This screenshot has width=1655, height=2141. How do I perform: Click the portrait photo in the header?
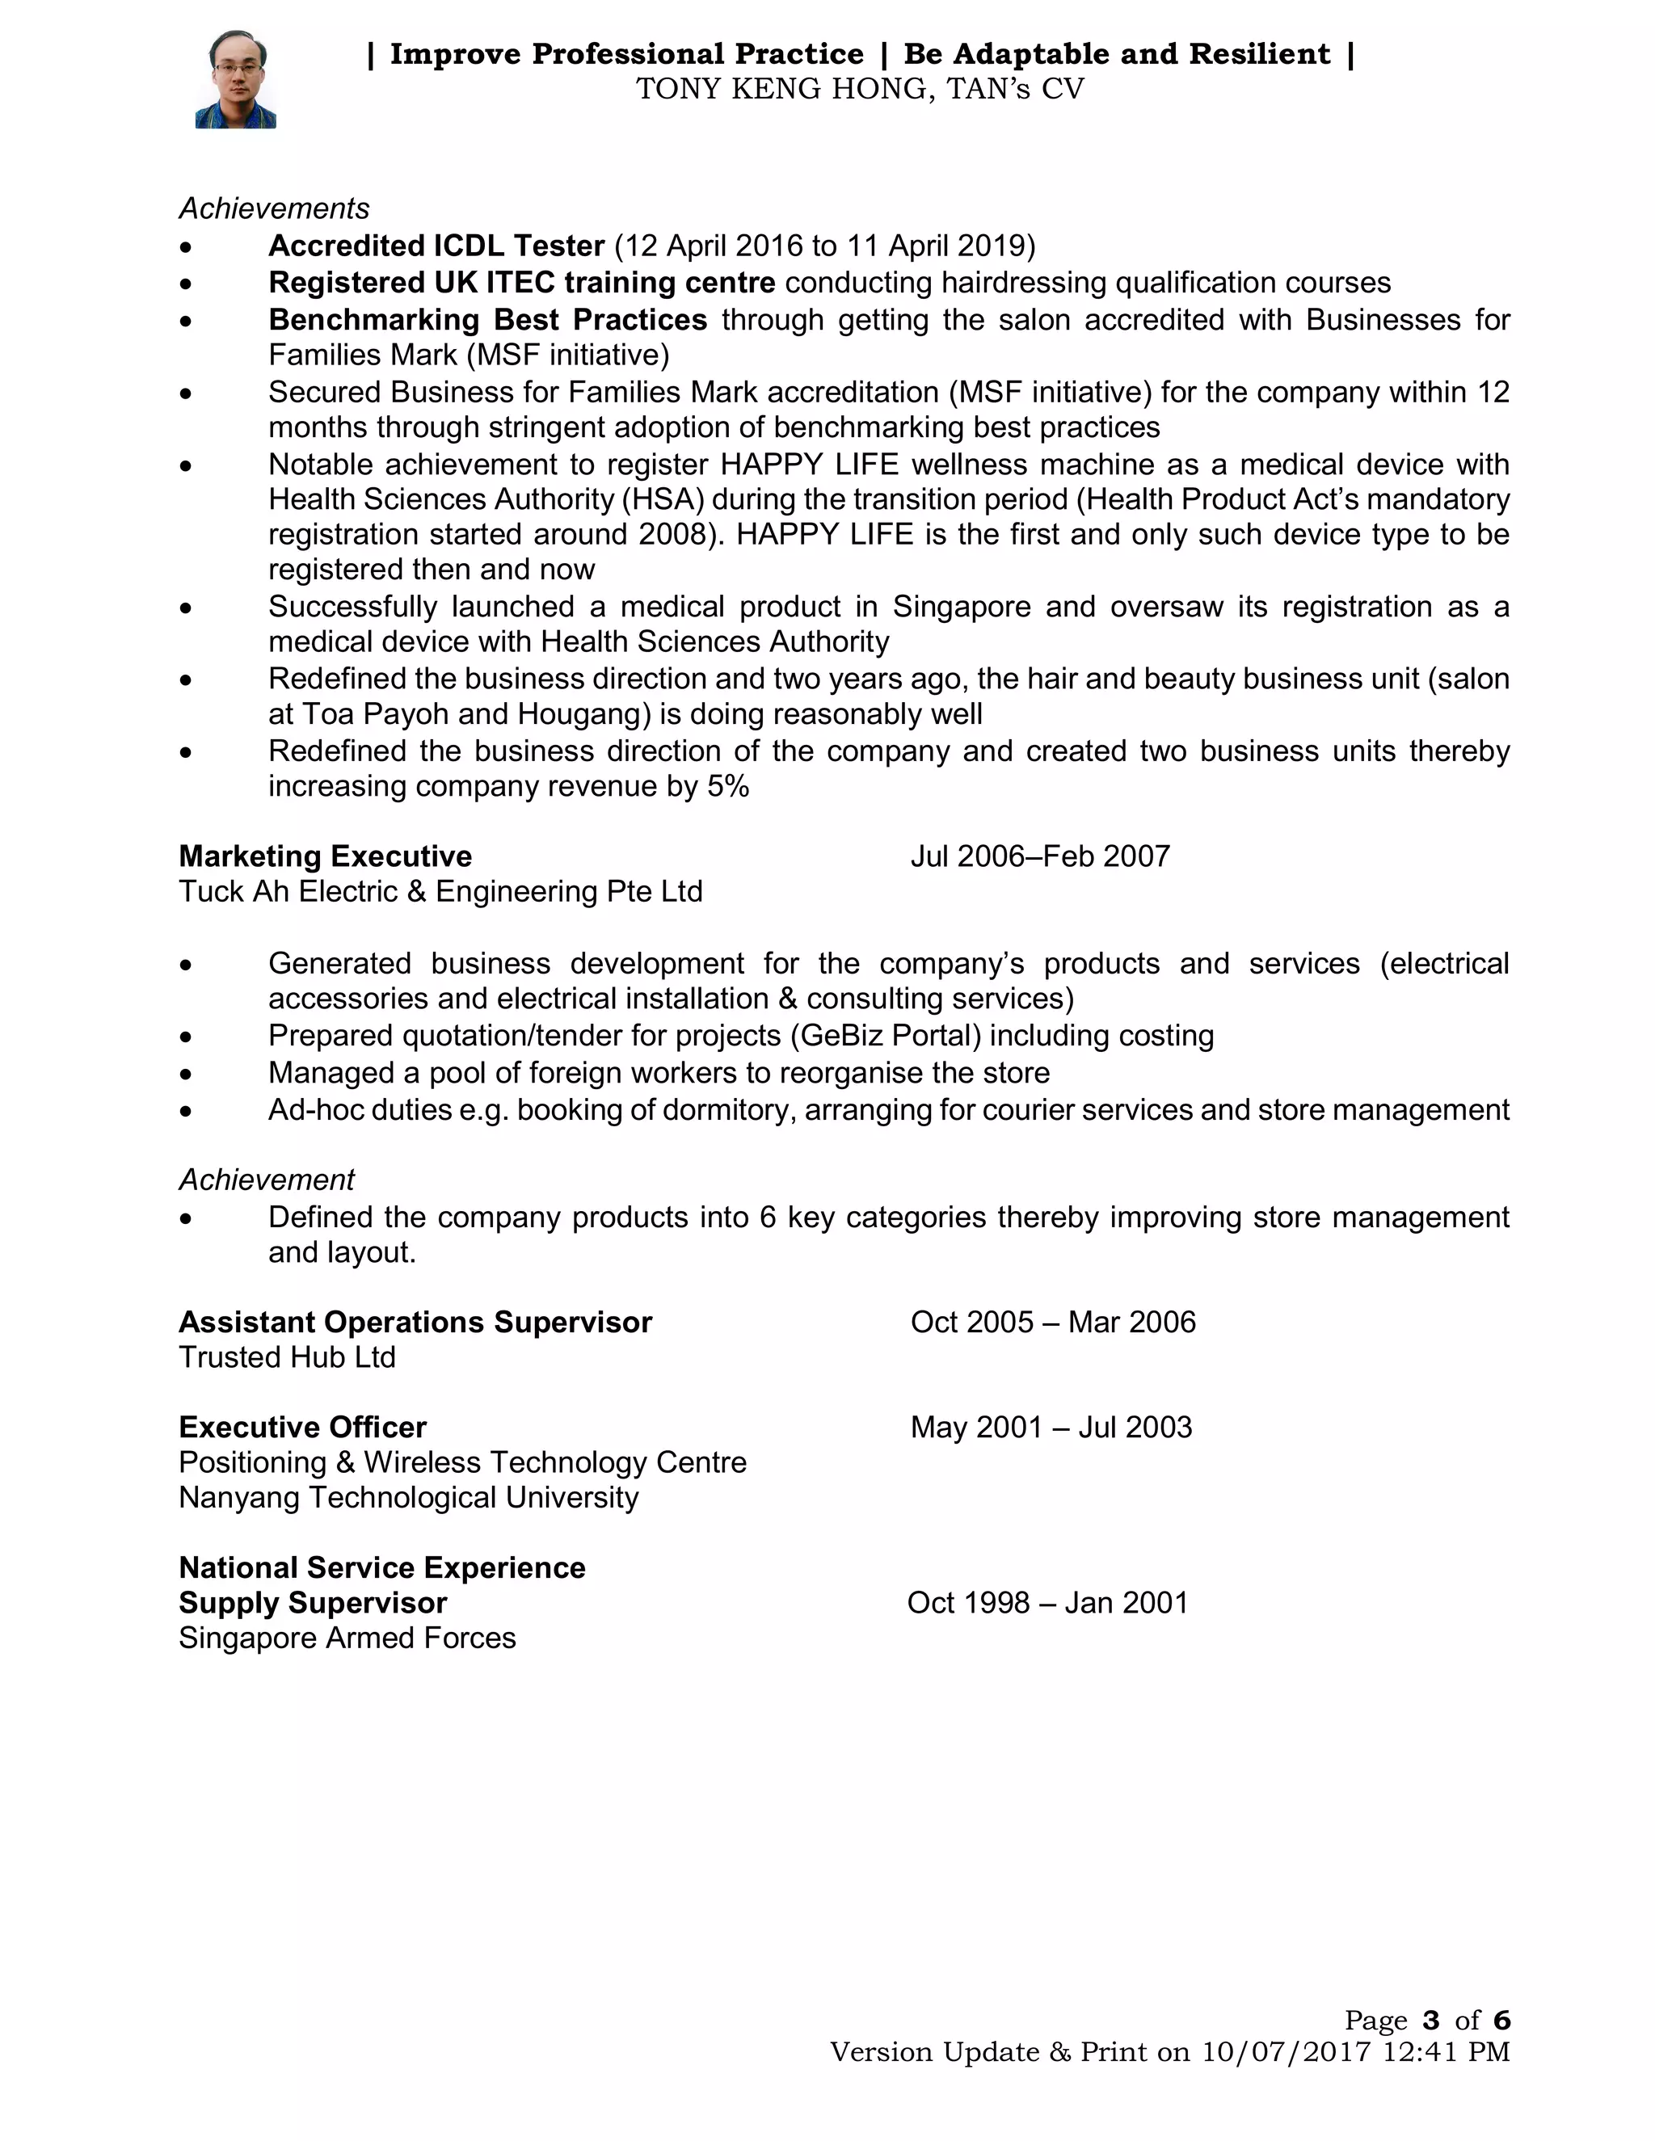point(235,79)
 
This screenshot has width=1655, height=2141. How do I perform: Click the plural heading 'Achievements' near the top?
point(274,208)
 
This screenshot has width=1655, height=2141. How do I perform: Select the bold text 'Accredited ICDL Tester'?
point(436,245)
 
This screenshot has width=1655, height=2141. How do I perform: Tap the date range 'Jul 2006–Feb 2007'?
point(1039,856)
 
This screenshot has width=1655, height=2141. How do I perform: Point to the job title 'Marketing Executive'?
point(325,856)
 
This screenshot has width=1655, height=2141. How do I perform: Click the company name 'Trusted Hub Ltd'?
point(286,1358)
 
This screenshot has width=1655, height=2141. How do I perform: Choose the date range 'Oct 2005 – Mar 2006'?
point(1052,1323)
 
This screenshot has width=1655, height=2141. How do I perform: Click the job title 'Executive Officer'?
point(302,1428)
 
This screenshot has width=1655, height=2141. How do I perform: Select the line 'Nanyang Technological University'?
point(408,1498)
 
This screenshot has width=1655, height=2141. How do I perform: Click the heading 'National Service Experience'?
point(381,1567)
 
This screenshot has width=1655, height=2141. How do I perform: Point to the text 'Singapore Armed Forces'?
point(346,1638)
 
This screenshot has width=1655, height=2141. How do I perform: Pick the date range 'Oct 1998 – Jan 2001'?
point(1046,1603)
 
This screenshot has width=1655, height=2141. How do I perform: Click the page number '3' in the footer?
point(1430,2021)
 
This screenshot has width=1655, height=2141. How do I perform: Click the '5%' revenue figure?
point(727,787)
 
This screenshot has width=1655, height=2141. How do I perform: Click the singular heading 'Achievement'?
point(266,1180)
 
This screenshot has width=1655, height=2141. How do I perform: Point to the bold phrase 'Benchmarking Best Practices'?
point(487,321)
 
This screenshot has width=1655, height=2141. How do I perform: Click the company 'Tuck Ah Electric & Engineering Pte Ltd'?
point(440,892)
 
